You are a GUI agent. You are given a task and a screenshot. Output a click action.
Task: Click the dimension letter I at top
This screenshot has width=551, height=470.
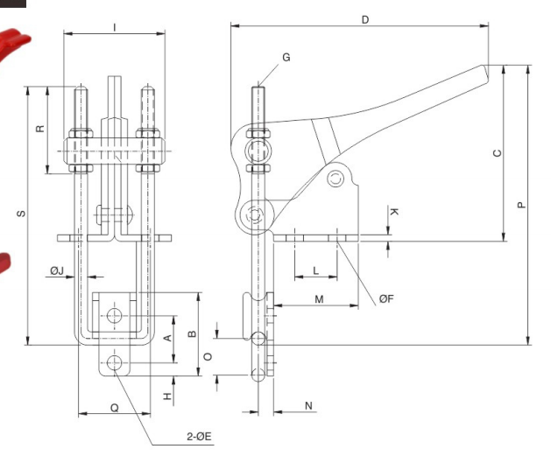115,27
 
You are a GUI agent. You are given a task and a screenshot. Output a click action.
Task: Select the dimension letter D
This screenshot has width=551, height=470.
364,18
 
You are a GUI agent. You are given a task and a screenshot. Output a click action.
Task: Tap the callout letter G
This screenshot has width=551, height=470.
286,57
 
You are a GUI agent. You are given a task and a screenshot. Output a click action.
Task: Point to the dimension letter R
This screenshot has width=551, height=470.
39,129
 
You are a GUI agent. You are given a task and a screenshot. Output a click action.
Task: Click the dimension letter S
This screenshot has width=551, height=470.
21,214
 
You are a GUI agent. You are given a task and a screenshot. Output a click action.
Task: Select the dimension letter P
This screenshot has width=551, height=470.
521,205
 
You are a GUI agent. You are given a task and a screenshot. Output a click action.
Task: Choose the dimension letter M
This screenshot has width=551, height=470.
319,299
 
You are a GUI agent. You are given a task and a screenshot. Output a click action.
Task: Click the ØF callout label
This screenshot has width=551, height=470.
386,298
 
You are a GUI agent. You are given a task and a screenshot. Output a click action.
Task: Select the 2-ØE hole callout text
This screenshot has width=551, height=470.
196,436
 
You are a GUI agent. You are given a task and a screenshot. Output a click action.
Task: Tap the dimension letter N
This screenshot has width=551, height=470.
308,405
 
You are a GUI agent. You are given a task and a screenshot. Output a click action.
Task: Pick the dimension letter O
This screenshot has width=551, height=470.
208,356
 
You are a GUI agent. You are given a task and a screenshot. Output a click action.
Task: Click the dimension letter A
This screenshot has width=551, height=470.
167,339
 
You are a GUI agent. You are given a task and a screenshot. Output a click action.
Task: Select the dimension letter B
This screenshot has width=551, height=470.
193,333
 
